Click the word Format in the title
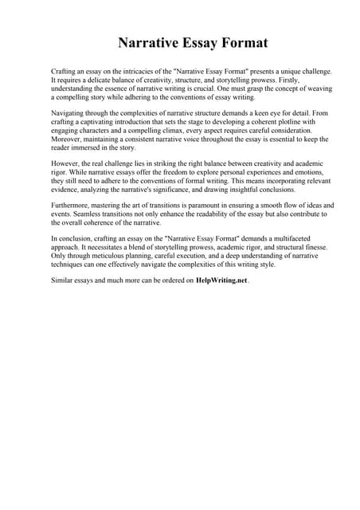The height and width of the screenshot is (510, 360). tap(238, 43)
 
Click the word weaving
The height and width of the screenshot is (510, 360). tap(315, 89)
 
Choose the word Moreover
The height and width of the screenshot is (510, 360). tap(68, 140)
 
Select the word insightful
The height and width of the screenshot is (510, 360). tap(240, 190)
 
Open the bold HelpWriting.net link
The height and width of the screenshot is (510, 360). tap(222, 280)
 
